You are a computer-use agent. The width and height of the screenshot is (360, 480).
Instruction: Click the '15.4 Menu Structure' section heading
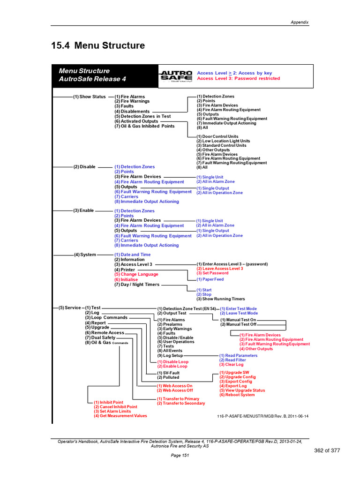[x=97, y=45]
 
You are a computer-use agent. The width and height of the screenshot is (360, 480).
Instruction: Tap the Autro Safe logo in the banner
[x=176, y=76]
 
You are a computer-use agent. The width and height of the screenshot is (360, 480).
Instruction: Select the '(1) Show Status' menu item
[x=89, y=97]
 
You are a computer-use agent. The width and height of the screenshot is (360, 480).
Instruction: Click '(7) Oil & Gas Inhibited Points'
[x=144, y=126]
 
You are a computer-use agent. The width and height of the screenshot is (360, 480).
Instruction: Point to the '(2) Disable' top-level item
[x=84, y=167]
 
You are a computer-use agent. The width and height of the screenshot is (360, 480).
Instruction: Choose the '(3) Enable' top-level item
[x=84, y=211]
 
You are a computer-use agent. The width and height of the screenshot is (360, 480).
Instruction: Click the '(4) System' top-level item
[x=85, y=255]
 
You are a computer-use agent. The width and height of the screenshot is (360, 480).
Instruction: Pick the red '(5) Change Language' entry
[x=136, y=274]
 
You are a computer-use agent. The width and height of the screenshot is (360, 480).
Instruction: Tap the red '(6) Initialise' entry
[x=127, y=279]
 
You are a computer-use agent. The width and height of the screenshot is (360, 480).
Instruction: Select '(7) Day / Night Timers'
[x=137, y=285]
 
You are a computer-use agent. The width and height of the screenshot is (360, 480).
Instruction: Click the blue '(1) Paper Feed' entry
[x=210, y=279]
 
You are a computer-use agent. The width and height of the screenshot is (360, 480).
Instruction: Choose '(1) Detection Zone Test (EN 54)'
[x=187, y=309]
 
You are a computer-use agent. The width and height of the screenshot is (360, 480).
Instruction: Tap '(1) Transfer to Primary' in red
[x=181, y=399]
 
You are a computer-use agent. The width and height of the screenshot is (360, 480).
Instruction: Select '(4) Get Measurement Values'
[x=120, y=416]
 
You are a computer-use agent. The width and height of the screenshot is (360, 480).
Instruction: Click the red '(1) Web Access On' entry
[x=174, y=386]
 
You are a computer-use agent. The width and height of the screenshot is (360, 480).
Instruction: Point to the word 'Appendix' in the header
[x=300, y=23]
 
